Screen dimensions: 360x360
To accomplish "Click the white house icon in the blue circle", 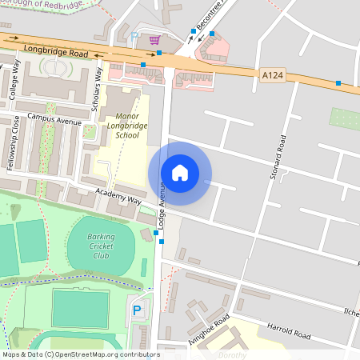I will coord(180,173).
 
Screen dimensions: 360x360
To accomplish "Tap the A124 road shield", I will coord(272,74).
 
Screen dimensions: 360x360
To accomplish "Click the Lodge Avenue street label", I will coord(161,200).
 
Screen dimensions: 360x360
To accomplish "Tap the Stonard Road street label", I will coord(279,156).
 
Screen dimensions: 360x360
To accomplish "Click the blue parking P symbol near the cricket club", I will coord(136,310).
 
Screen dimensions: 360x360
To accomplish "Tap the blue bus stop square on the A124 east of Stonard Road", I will coord(338,83).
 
